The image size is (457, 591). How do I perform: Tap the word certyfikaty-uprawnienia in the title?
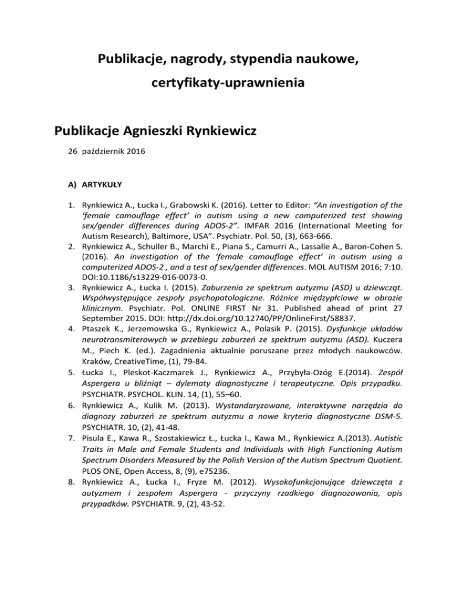(x=228, y=83)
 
